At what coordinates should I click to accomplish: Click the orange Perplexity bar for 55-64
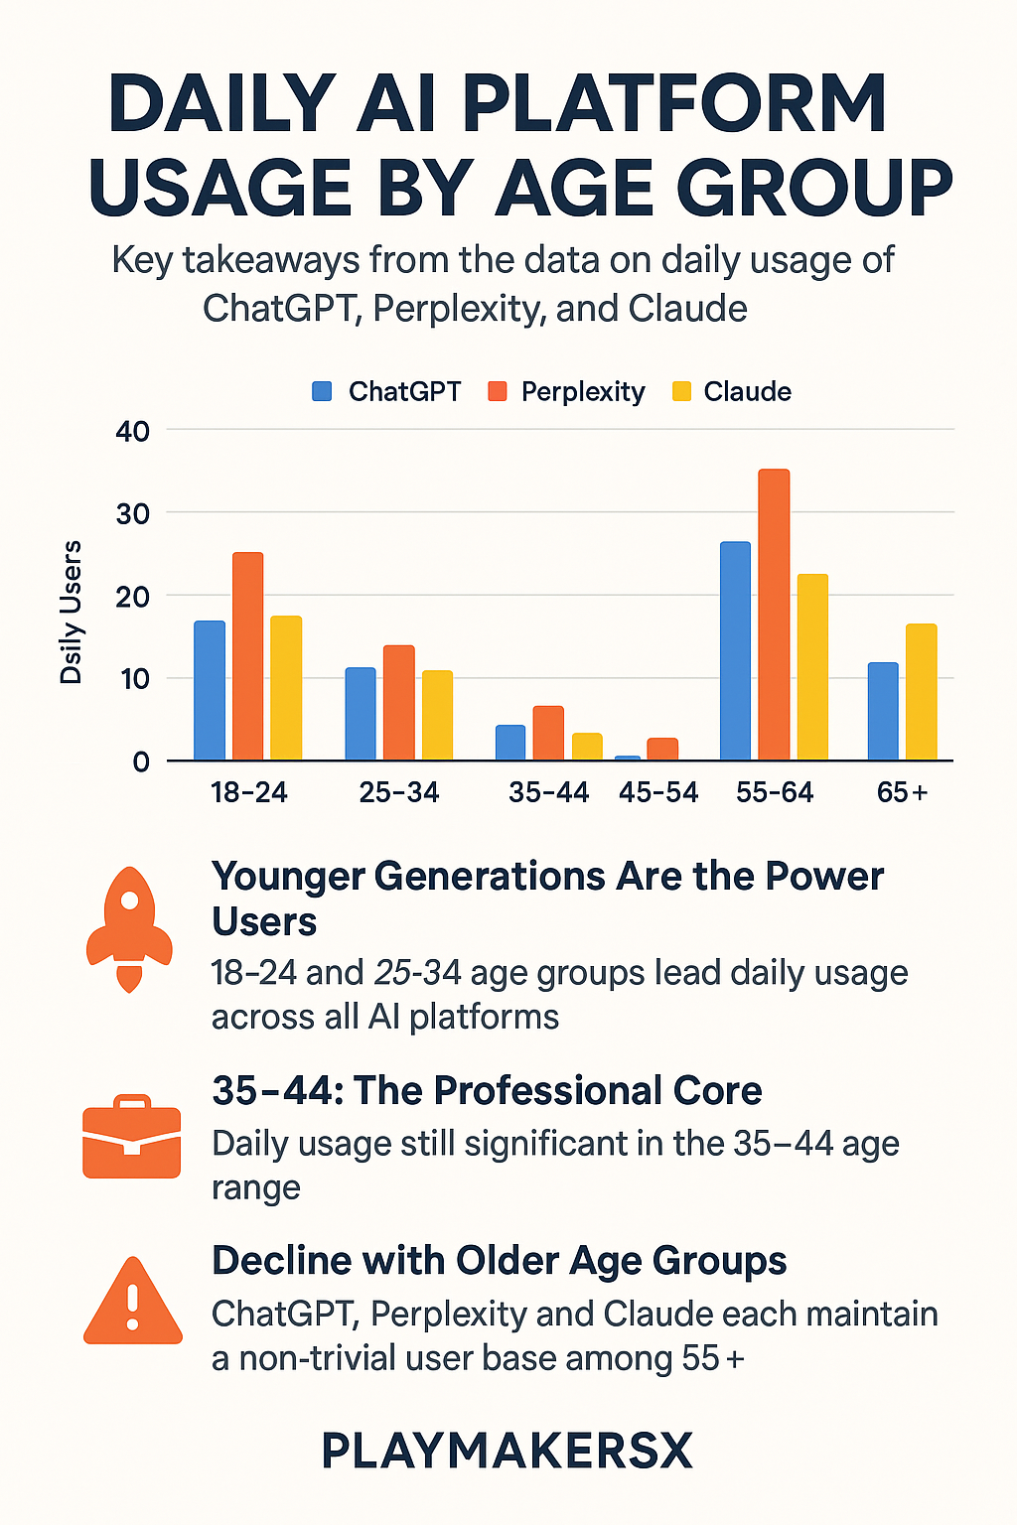click(x=774, y=615)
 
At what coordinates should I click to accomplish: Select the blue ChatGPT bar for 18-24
click(x=210, y=691)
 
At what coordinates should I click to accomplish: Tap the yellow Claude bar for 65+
click(x=921, y=692)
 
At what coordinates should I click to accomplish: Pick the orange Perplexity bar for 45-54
click(x=662, y=750)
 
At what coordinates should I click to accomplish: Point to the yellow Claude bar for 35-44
click(x=587, y=747)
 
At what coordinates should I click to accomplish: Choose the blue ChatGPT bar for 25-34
click(x=361, y=714)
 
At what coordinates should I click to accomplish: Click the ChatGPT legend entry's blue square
click(x=322, y=391)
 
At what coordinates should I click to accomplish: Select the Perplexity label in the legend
click(x=583, y=391)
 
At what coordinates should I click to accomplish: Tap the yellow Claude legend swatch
click(x=681, y=391)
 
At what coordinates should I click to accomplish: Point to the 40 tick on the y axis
click(x=132, y=431)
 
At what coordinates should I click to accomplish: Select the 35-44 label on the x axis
click(x=548, y=792)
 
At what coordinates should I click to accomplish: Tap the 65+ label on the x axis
click(x=902, y=792)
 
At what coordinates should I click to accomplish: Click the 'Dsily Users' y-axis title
click(x=72, y=613)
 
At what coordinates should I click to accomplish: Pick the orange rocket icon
click(x=129, y=929)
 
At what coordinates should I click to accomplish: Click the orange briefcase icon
click(x=131, y=1138)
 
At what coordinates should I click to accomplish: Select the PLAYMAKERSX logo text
click(x=508, y=1452)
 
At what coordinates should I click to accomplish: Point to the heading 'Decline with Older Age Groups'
click(x=499, y=1261)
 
